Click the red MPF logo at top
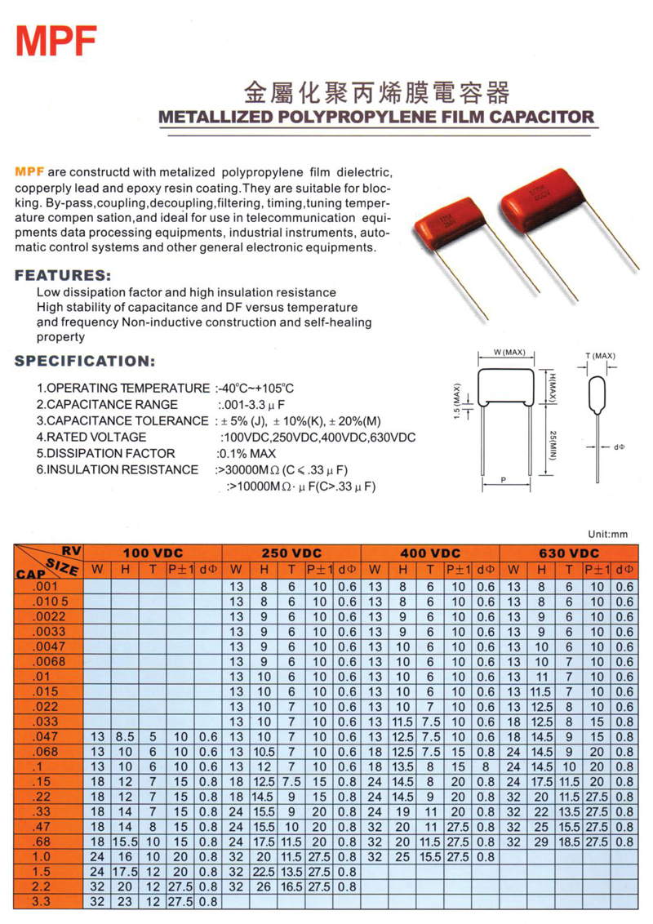point(56,39)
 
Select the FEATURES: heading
point(63,275)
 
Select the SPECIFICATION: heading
point(85,361)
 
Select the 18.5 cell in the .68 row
point(570,841)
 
